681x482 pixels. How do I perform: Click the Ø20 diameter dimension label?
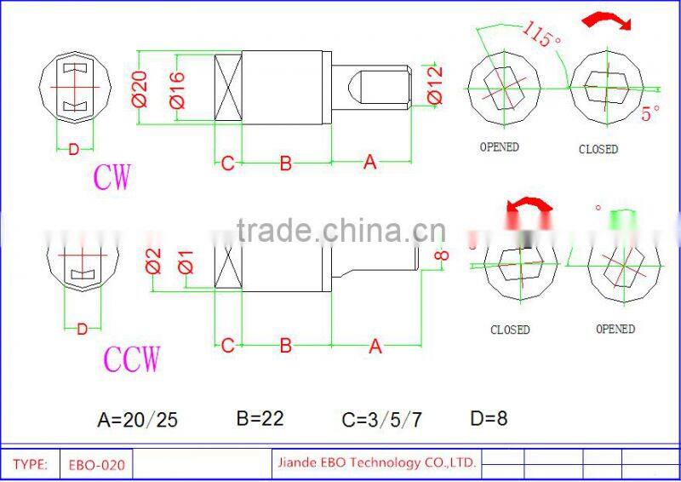pos(141,89)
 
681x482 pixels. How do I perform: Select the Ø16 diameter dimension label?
pos(178,89)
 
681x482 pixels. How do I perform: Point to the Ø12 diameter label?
pos(434,84)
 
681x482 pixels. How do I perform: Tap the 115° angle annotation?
pos(541,37)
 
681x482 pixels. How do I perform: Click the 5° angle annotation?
pos(650,112)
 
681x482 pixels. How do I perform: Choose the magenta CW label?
pos(112,179)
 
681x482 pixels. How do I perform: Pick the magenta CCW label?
pos(131,359)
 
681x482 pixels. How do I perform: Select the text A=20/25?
pos(138,420)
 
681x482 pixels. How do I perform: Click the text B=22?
pos(260,418)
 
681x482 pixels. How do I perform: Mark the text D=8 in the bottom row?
pos(489,418)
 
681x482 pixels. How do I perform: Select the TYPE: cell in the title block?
pos(30,465)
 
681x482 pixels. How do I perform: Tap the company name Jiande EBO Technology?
pos(375,463)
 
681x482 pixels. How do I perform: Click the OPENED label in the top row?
pos(499,147)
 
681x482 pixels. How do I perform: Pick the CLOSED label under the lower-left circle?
pos(510,330)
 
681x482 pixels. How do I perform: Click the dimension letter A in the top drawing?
pos(369,162)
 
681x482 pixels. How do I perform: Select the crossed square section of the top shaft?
pos(227,89)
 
